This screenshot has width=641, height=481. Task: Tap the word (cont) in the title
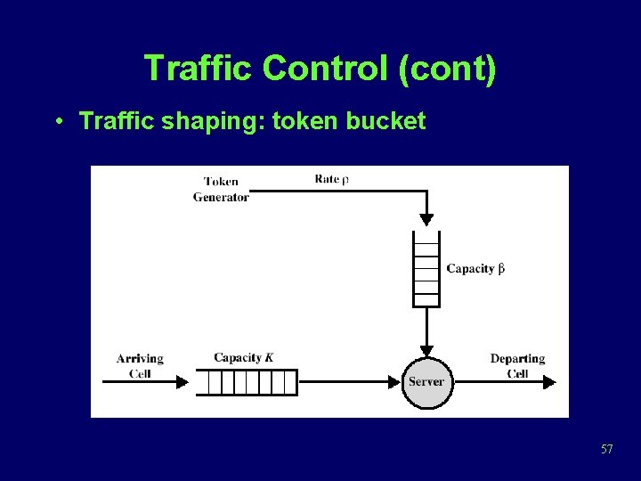tap(448, 69)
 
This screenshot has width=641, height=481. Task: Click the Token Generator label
tap(221, 190)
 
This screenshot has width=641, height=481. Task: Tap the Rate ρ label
tap(331, 179)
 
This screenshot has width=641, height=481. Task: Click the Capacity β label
tap(475, 268)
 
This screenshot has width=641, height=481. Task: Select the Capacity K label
tap(243, 358)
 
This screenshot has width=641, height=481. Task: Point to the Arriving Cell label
tap(140, 365)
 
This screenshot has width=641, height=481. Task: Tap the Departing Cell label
tap(517, 365)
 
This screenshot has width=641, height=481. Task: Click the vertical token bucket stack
tap(426, 268)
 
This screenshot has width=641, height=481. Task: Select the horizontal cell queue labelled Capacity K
tap(246, 382)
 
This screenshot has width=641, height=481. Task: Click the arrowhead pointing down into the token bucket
tap(426, 220)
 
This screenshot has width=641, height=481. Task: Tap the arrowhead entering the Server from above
tap(426, 350)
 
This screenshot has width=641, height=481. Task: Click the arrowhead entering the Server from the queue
tap(394, 382)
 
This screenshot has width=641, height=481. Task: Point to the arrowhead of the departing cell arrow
tap(549, 382)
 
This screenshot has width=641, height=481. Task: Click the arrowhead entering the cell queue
tap(183, 382)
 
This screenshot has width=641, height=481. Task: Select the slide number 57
tap(606, 449)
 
